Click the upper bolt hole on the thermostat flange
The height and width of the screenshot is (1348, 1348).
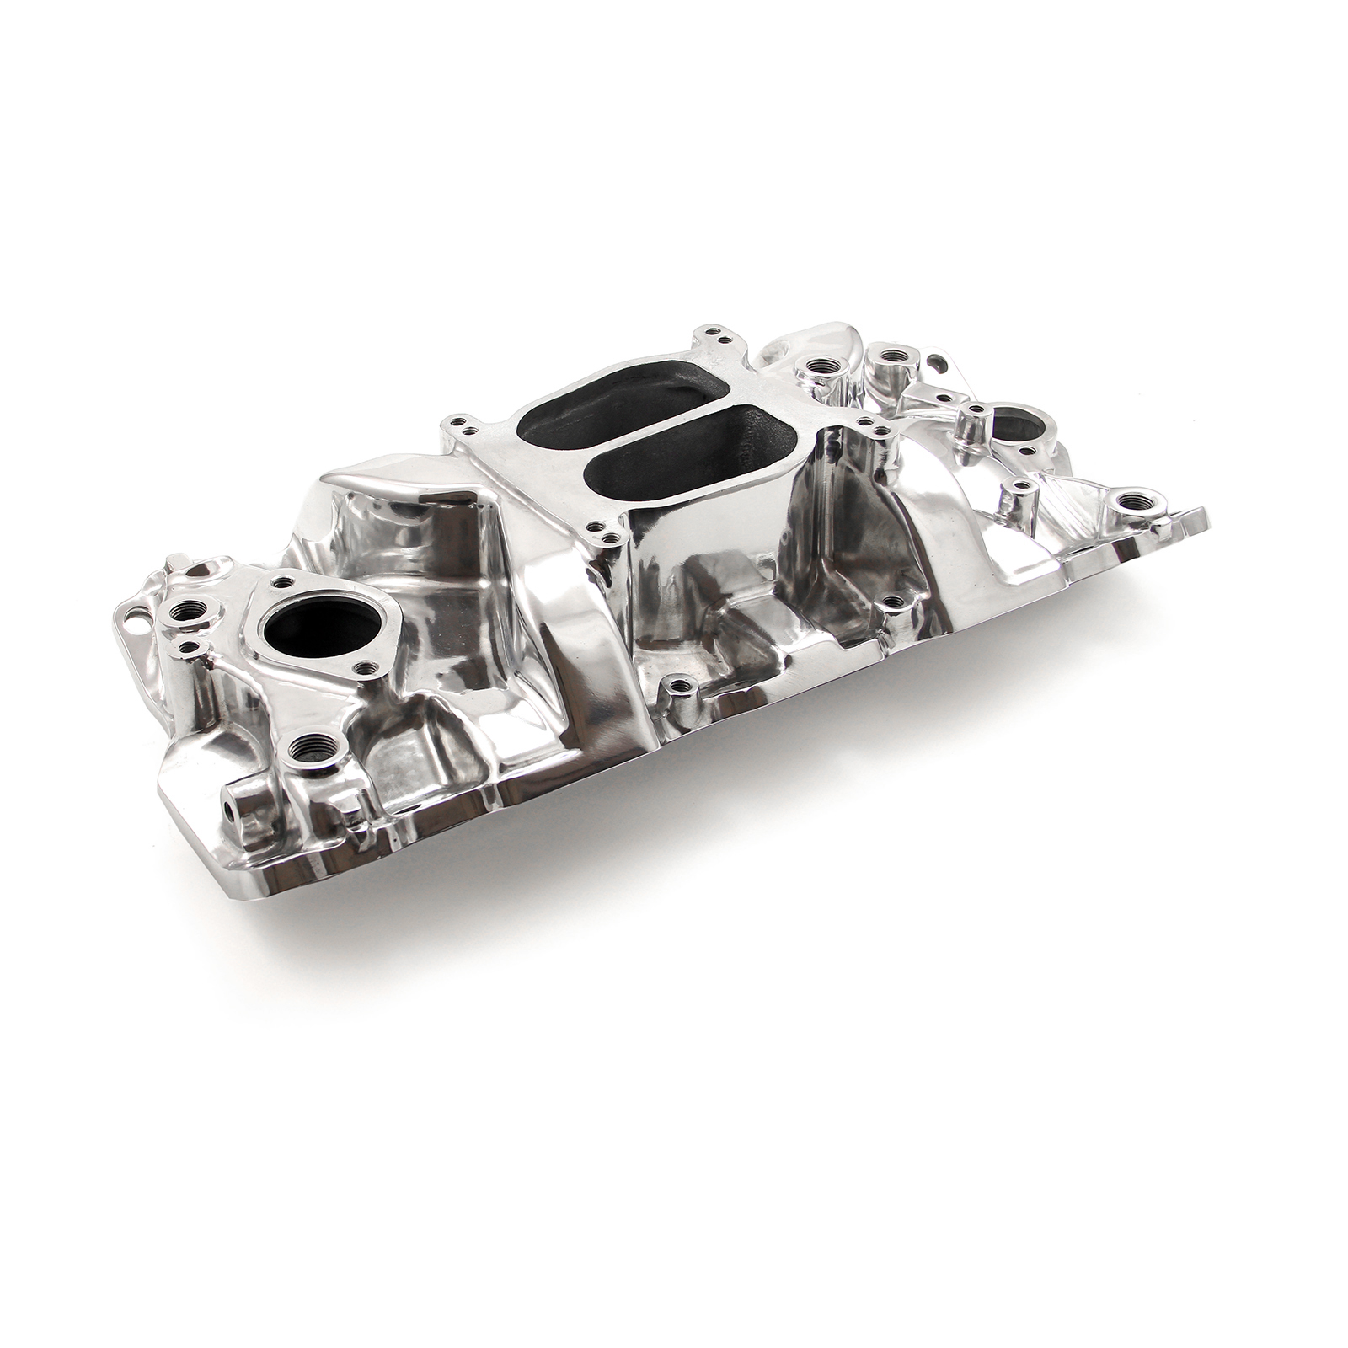pos(281,580)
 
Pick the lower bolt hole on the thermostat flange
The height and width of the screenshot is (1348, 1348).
pos(364,667)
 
